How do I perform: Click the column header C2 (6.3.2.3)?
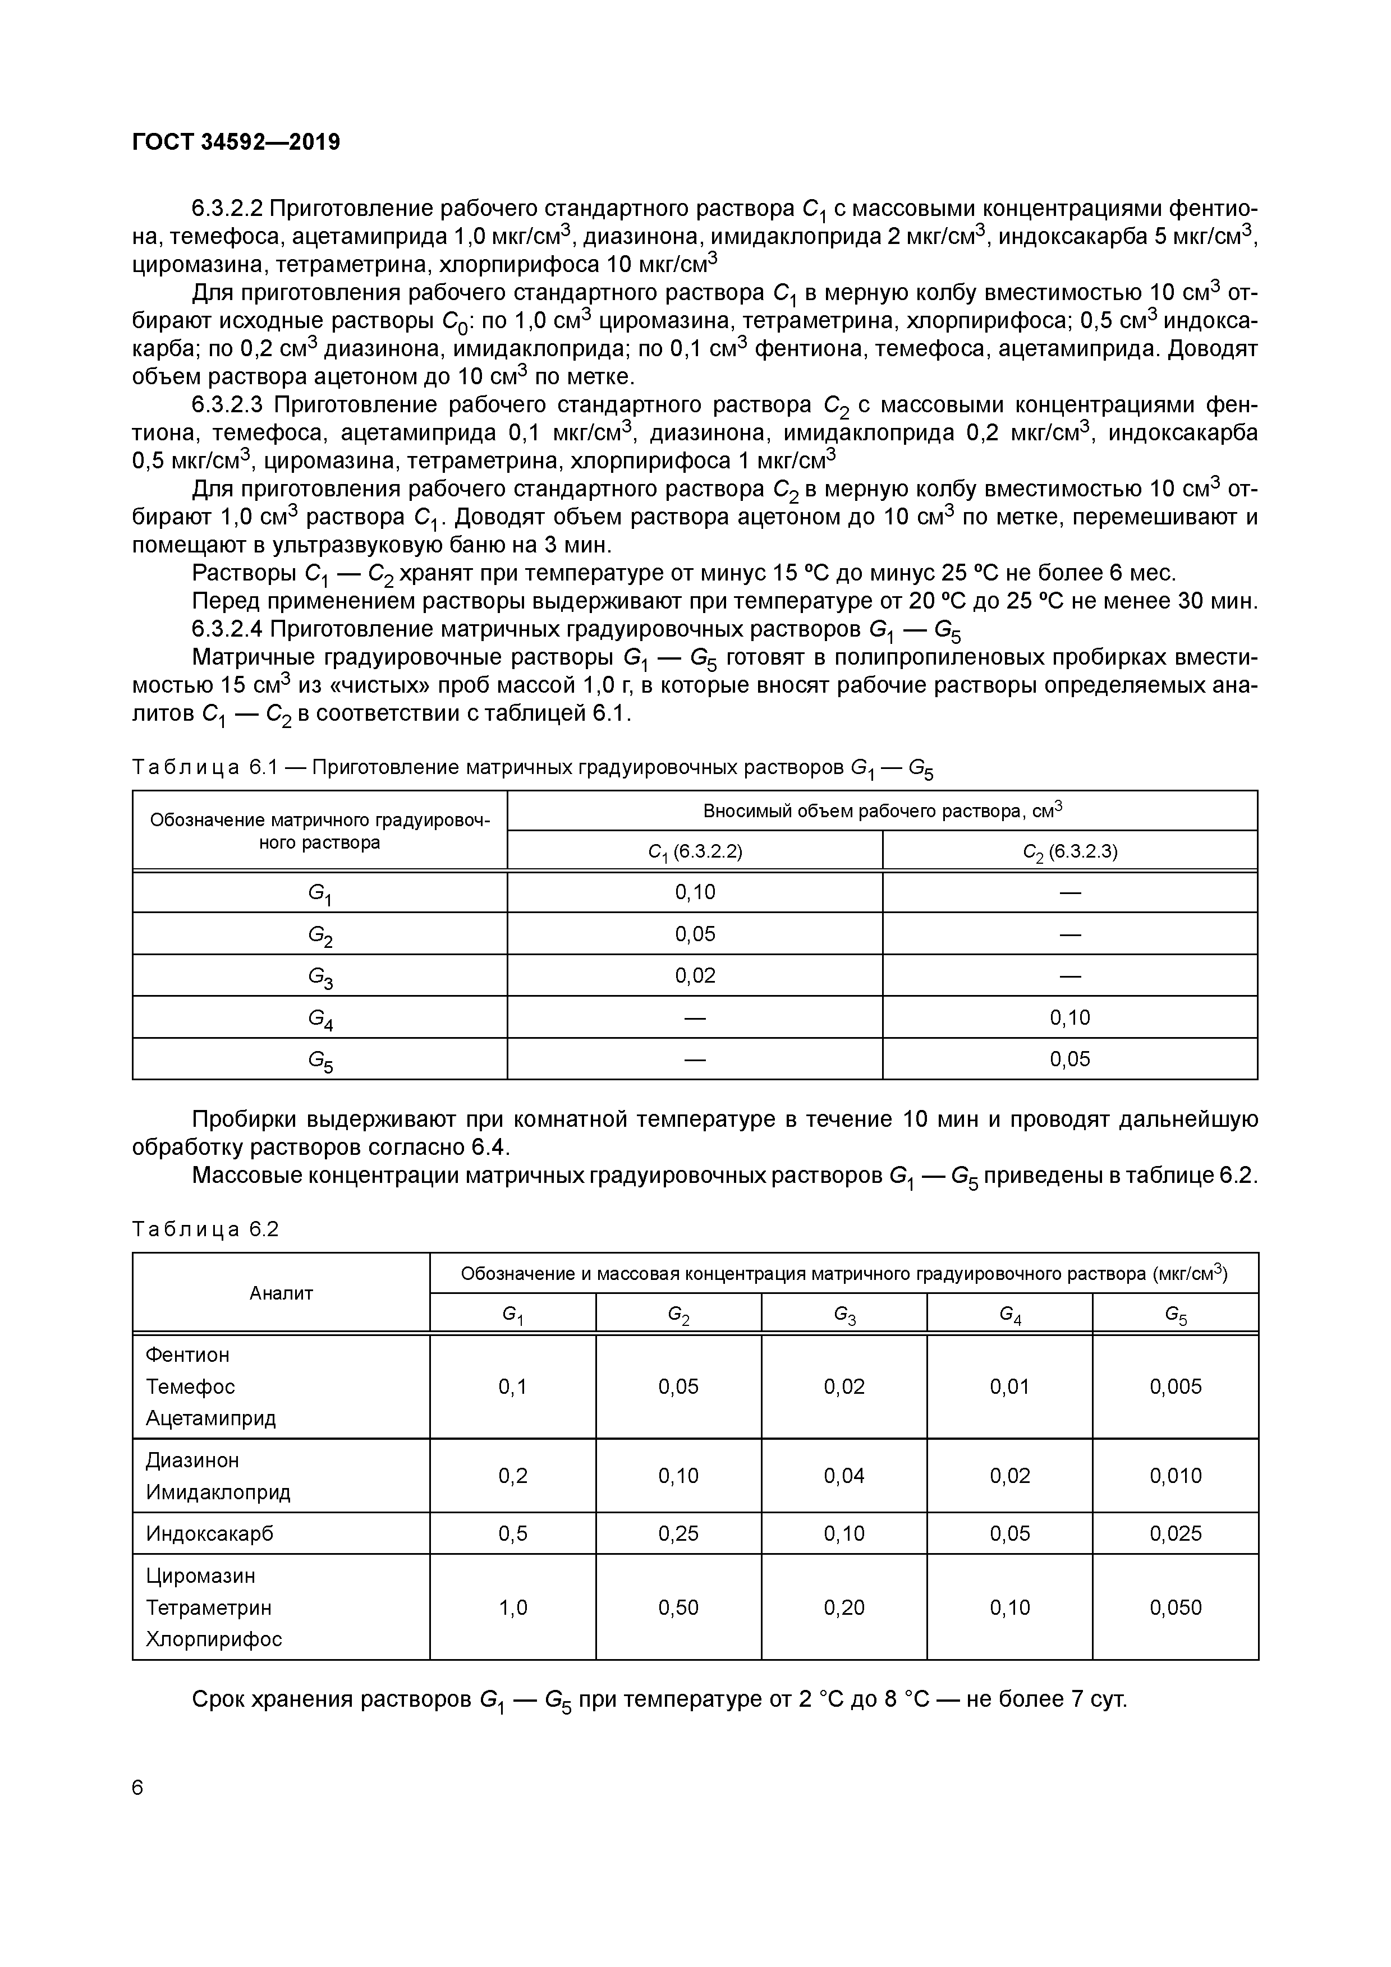pyautogui.click(x=1069, y=851)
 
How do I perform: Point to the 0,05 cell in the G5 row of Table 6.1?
pyautogui.click(x=1069, y=1059)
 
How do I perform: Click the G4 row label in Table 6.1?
pyautogui.click(x=320, y=1018)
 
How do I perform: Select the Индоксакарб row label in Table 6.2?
pyautogui.click(x=209, y=1533)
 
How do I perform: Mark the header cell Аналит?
pyautogui.click(x=281, y=1293)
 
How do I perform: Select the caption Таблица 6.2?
pyautogui.click(x=206, y=1229)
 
